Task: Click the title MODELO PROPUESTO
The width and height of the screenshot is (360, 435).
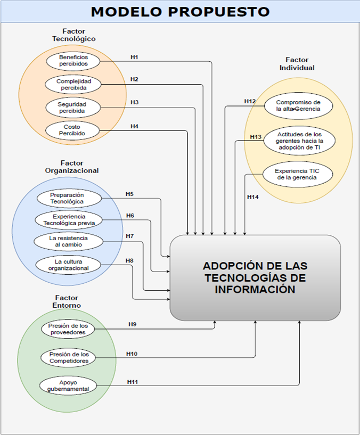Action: (180, 11)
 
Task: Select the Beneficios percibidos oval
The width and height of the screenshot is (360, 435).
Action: (73, 60)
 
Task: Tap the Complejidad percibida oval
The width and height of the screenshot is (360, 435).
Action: (73, 84)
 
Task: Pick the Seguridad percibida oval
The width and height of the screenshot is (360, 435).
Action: (72, 108)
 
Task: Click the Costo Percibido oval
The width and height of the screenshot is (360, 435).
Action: (72, 130)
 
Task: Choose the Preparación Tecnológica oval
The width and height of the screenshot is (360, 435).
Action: (67, 199)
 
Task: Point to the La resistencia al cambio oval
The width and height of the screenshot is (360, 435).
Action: (68, 241)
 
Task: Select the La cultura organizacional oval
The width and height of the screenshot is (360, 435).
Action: (68, 265)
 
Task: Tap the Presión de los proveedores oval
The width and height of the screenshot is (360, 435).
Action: (68, 329)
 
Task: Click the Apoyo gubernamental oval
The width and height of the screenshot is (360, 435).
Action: (68, 385)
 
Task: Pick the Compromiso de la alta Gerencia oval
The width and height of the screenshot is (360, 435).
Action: (298, 105)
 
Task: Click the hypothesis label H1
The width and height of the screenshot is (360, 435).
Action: (135, 56)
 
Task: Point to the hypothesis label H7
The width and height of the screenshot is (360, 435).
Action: (130, 236)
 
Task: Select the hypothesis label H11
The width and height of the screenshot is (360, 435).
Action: (132, 382)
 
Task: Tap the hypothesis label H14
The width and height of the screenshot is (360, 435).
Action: (253, 197)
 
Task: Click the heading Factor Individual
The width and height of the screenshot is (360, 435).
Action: (297, 64)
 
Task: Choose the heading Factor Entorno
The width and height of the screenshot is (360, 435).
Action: (67, 302)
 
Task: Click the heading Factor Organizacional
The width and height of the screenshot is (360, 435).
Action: (72, 167)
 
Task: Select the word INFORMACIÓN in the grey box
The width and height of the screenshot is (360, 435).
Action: (255, 289)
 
